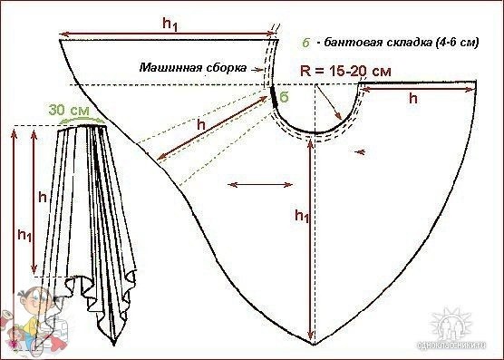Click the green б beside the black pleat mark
click(x=286, y=97)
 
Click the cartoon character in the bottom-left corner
click(x=34, y=317)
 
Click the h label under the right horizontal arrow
click(x=412, y=99)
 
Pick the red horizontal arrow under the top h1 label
click(x=168, y=37)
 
